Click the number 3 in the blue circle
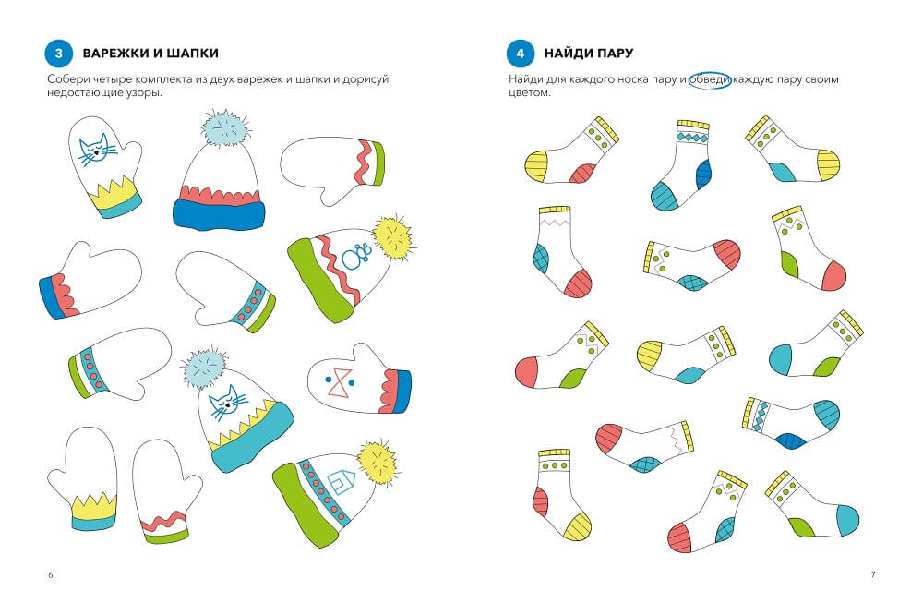click(x=59, y=53)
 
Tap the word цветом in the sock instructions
click(x=529, y=93)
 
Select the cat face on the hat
click(x=223, y=404)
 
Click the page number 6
click(x=50, y=574)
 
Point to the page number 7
click(x=872, y=574)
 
